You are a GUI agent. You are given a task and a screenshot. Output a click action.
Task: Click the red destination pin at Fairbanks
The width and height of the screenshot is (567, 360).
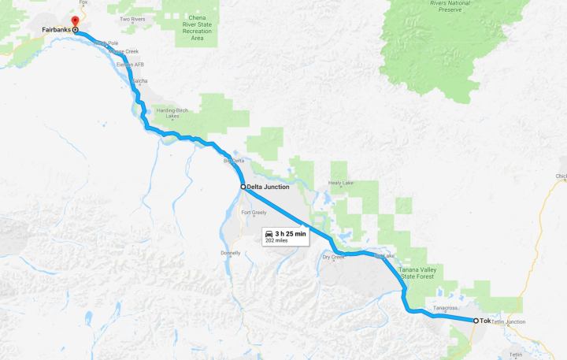point(76,20)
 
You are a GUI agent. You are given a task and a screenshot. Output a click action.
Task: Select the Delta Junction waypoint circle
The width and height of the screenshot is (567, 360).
point(243,187)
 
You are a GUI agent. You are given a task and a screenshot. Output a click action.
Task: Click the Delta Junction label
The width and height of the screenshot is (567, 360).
point(269,187)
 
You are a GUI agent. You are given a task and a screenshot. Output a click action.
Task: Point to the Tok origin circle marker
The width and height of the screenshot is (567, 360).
point(475,321)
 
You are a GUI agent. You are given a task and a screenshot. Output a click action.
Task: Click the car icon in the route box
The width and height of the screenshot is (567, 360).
point(270,234)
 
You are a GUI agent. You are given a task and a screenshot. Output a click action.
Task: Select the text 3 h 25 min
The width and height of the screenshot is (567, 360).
point(291,234)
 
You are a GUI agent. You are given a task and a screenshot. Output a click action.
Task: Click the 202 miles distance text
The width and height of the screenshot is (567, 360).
point(277,241)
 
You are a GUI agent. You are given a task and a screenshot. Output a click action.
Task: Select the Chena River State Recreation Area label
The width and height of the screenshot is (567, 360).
point(187,28)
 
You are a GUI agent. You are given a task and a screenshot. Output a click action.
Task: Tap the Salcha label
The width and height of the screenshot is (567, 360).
point(140,80)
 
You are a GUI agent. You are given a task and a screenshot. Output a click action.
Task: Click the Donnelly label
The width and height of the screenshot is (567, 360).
point(231,253)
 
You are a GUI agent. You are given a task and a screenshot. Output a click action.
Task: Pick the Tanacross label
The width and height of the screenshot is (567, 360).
point(445,308)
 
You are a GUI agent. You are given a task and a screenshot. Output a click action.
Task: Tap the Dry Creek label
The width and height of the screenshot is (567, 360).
point(334,257)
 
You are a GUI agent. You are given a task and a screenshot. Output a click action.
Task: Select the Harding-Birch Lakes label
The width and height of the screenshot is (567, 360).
point(176,113)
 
